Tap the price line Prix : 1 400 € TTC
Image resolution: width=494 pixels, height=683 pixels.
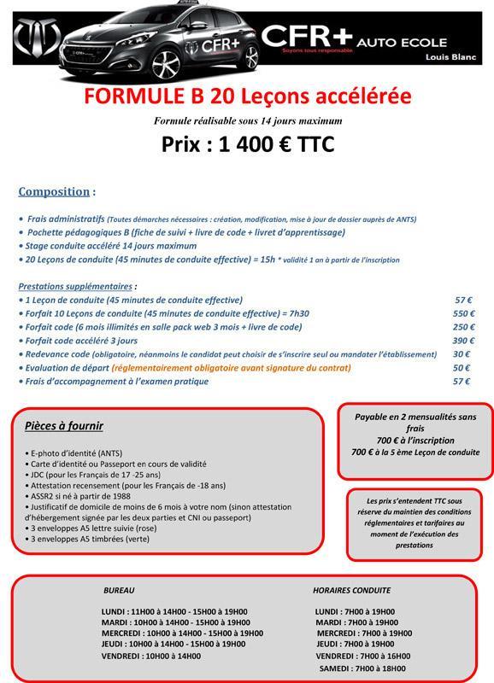tap(247, 143)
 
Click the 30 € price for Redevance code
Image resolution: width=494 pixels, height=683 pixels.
tap(462, 354)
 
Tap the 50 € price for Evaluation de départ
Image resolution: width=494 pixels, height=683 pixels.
tap(462, 368)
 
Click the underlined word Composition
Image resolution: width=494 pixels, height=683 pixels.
tap(54, 191)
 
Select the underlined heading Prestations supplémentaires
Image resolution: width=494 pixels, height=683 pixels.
tap(76, 286)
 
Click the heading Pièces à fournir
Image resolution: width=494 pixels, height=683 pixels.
tap(64, 425)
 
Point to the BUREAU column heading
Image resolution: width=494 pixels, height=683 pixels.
tap(119, 590)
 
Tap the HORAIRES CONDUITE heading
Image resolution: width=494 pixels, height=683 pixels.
tap(351, 590)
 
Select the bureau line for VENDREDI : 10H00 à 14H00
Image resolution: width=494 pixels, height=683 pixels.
tap(151, 656)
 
